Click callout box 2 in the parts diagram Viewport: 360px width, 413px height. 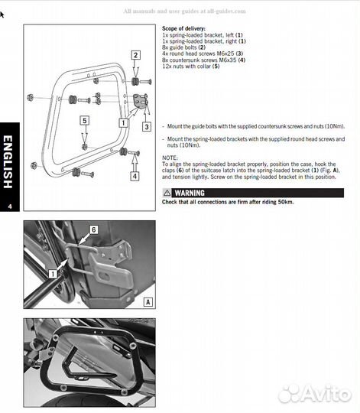tap(135, 54)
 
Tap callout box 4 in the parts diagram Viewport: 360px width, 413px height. tap(135, 176)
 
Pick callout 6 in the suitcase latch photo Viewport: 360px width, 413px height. tap(93, 229)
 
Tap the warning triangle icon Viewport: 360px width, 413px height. tap(168, 193)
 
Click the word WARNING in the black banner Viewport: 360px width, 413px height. tap(190, 193)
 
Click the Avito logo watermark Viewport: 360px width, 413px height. tap(314, 393)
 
